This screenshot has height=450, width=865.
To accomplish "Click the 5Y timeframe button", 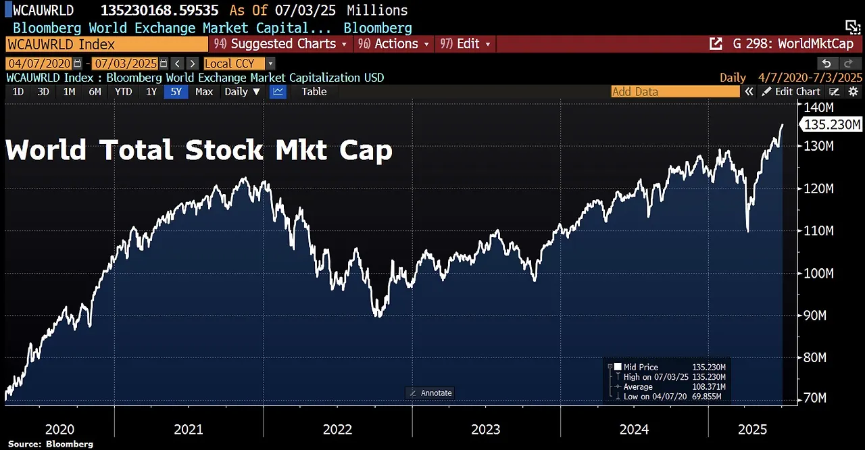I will (x=176, y=92).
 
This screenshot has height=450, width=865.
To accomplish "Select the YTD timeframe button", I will (x=123, y=92).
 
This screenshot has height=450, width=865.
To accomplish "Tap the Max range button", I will (x=204, y=92).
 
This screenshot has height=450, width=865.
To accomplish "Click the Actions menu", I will (x=396, y=44).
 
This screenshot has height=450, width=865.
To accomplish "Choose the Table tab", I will (x=314, y=92).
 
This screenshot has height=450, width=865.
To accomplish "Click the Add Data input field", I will (x=674, y=92).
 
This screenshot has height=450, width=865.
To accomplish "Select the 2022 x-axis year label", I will (x=337, y=429).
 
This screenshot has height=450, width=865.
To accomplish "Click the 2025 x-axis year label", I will (x=752, y=429).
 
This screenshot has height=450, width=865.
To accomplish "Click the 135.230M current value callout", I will (x=831, y=125).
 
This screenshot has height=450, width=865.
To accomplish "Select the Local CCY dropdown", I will (x=239, y=64).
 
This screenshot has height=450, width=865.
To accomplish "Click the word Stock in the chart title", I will (x=224, y=150).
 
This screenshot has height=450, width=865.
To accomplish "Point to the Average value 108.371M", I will (x=708, y=387).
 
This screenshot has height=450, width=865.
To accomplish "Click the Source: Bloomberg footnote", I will (x=51, y=444).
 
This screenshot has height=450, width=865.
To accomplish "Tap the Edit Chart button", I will (x=797, y=92).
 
